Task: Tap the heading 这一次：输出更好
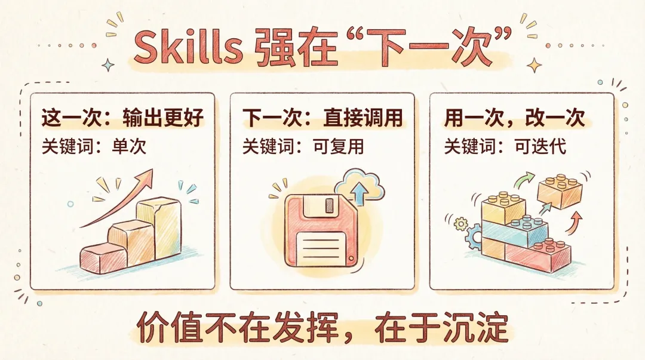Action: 122,118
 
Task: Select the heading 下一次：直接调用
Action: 322,118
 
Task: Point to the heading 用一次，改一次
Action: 514,118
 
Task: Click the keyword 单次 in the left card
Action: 129,146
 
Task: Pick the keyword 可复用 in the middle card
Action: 338,146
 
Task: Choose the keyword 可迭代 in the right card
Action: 540,146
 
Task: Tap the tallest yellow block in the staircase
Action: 158,227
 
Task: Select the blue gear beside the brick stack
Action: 474,236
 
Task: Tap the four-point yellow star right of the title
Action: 535,65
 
